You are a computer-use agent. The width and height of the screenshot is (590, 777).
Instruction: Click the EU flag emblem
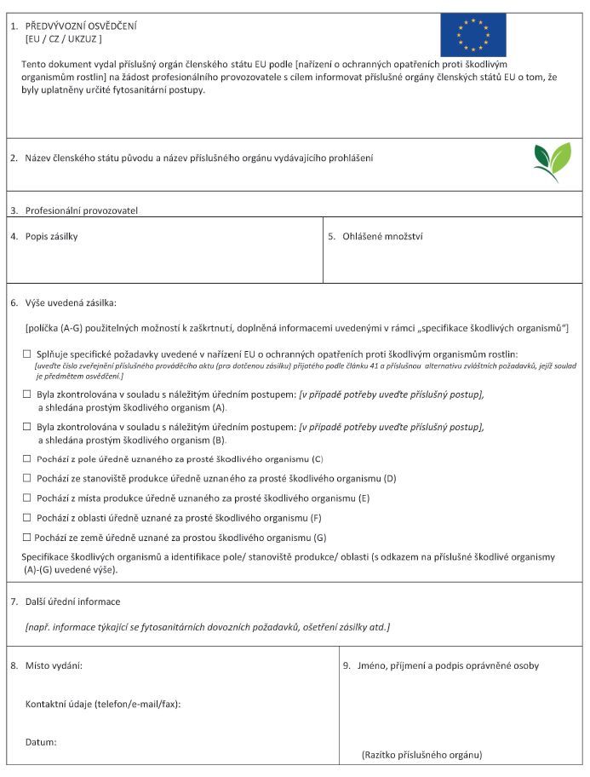(473, 35)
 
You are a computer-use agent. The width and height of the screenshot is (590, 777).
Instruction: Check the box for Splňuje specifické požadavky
(27, 353)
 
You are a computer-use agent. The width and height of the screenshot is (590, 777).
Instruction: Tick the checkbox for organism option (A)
(27, 394)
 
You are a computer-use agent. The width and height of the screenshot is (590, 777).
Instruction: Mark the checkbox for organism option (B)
(27, 427)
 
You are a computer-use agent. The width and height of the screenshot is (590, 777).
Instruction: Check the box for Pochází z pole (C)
(27, 458)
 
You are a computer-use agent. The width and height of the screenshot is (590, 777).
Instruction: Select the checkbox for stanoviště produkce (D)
(27, 478)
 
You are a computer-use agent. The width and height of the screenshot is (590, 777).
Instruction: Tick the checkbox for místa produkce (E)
(27, 498)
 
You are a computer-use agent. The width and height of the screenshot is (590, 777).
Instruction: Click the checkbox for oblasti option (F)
(27, 517)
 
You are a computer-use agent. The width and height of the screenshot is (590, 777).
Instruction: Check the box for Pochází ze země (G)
(27, 537)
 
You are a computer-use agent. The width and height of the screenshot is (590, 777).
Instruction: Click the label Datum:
(41, 742)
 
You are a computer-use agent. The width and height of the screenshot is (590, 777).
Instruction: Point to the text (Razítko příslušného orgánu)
(421, 755)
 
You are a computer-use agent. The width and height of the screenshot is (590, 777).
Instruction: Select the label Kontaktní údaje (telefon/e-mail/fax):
(103, 704)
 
